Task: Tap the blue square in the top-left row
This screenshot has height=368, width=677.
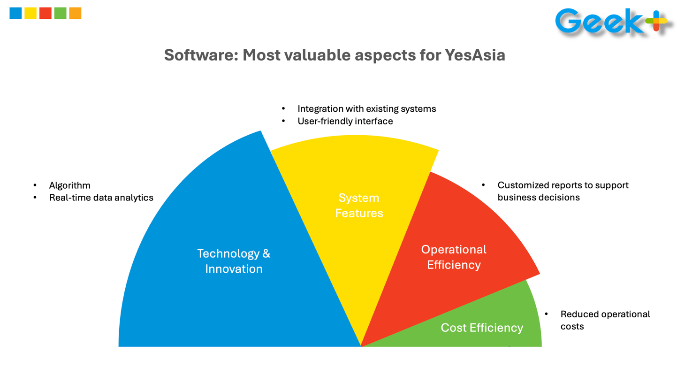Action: click(15, 13)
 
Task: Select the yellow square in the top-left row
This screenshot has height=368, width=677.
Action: click(30, 13)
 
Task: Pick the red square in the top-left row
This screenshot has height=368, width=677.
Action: click(46, 13)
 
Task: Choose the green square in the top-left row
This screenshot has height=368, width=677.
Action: click(60, 13)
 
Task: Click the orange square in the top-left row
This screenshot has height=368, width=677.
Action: click(75, 13)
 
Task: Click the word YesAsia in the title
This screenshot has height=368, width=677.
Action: click(474, 55)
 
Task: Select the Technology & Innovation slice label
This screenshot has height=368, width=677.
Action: click(234, 261)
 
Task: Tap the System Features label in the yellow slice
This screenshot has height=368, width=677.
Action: click(359, 206)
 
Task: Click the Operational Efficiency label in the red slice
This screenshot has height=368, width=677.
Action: click(454, 257)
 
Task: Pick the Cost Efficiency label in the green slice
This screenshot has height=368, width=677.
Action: click(482, 328)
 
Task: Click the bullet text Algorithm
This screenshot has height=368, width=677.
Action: click(70, 185)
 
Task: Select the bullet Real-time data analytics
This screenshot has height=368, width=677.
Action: click(101, 198)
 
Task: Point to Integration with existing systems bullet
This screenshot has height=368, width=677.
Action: click(366, 109)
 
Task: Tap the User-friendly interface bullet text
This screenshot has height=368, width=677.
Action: click(345, 121)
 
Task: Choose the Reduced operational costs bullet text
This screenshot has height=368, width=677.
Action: click(605, 320)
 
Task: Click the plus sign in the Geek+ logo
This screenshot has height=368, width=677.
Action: click(656, 22)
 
